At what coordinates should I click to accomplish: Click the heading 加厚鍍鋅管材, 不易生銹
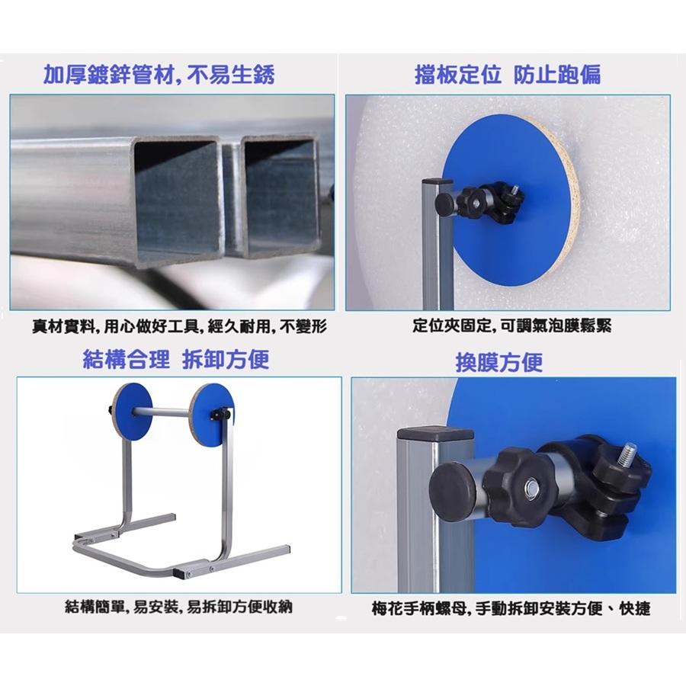click(x=159, y=75)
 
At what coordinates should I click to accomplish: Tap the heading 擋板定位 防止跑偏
click(x=507, y=75)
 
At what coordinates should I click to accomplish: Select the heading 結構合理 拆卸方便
click(x=175, y=359)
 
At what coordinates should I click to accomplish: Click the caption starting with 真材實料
click(x=179, y=327)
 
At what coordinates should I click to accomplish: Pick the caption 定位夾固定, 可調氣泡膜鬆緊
click(x=511, y=327)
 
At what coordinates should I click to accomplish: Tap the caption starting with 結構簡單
click(x=178, y=607)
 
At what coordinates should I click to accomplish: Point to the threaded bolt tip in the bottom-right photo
click(x=630, y=453)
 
